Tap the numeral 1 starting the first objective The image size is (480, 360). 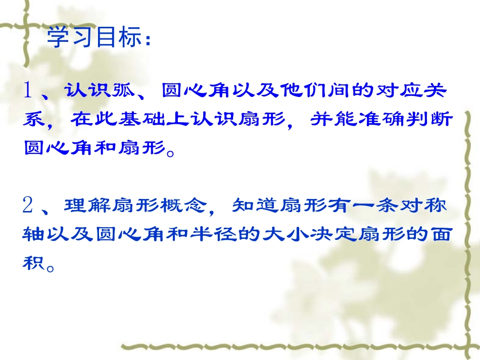(x=29, y=91)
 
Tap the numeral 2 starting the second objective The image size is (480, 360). (x=29, y=205)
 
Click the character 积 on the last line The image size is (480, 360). (x=34, y=263)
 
